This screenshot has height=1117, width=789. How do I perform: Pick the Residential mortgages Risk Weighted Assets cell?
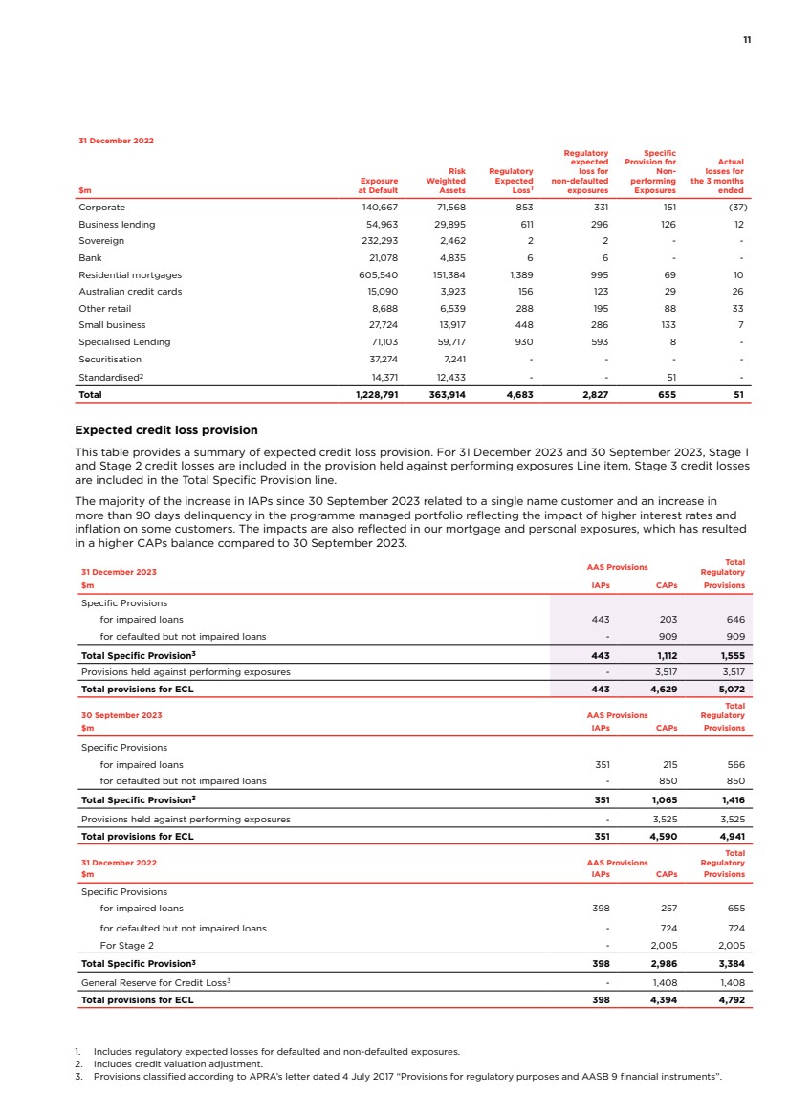445,274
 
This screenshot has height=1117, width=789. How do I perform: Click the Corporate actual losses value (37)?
734,207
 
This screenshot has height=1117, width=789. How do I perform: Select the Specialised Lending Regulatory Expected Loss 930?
519,342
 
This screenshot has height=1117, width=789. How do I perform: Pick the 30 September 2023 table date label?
121,714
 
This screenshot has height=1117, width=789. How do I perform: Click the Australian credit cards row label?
129,292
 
